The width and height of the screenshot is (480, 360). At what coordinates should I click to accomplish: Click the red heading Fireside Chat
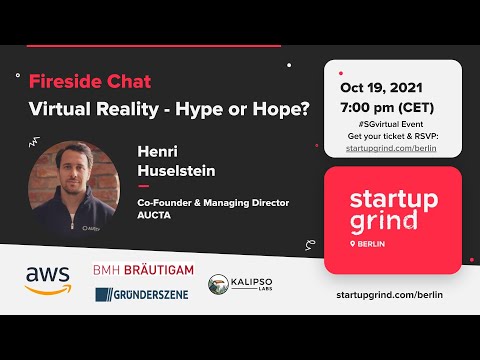click(x=90, y=81)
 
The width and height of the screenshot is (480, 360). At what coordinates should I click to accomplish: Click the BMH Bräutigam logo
click(x=143, y=270)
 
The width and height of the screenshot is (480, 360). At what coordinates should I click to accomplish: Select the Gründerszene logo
click(x=143, y=294)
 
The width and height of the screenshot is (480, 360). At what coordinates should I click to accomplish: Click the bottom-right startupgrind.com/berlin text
click(x=391, y=295)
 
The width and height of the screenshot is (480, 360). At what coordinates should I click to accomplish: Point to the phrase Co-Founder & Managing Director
click(x=213, y=202)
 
